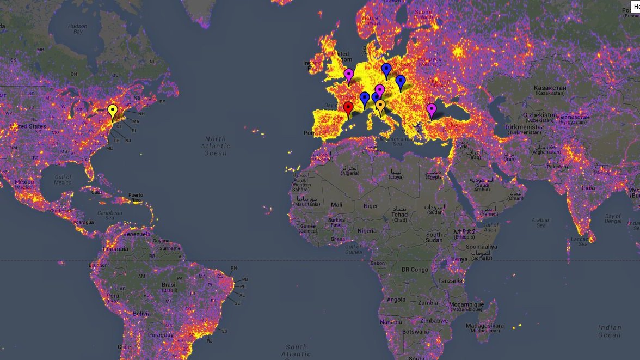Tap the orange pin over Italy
coord(380,106)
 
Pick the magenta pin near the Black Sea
coord(432,110)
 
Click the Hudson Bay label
coord(77,29)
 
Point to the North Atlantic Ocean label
coord(216,146)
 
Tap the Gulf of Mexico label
coord(63,180)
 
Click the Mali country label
coord(336,205)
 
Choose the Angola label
coord(396,300)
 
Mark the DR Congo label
coord(415,270)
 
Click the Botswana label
coord(415,331)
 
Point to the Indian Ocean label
coord(610,331)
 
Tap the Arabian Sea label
coord(541,223)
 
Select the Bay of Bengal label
coord(613,219)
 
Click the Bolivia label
coord(141,314)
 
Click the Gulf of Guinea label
coord(353,249)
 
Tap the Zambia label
coord(428,303)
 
